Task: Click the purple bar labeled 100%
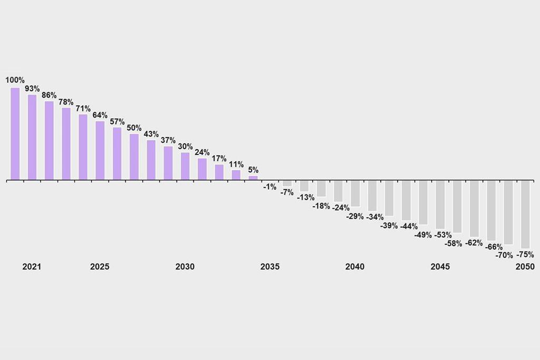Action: [15, 134]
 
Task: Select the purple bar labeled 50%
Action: [134, 157]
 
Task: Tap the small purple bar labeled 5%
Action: [253, 178]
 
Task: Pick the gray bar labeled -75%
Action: [525, 215]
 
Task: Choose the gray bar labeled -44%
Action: [406, 200]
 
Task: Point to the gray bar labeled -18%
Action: [321, 189]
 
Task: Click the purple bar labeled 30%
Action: [185, 166]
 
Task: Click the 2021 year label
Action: [32, 267]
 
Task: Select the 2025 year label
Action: [100, 267]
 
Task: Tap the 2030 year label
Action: [185, 267]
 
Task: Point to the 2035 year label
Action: [270, 267]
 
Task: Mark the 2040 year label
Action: [355, 267]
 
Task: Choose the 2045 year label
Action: [440, 267]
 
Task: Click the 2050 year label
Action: [525, 267]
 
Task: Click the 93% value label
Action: [32, 89]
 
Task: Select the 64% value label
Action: [100, 115]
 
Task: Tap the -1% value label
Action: [270, 187]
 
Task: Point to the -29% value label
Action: [355, 216]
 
